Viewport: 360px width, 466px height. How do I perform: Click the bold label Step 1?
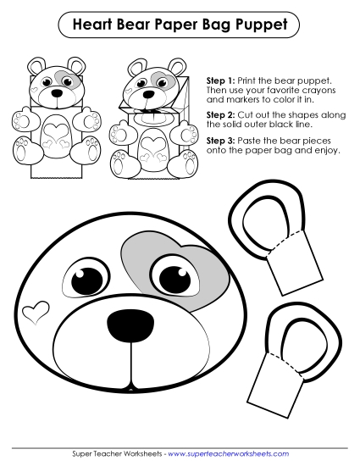(222, 80)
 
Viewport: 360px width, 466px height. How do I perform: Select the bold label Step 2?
(222, 113)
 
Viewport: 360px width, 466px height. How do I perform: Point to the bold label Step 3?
(222, 139)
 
